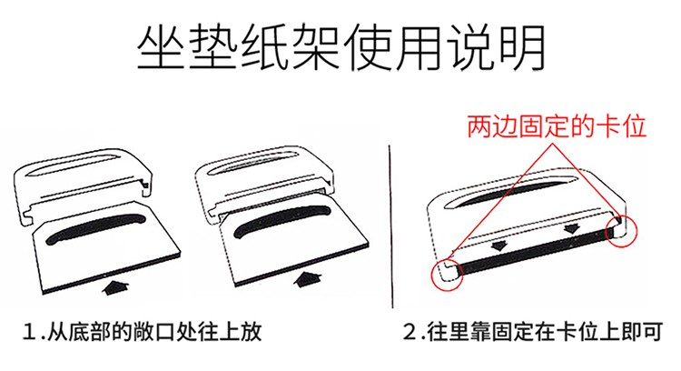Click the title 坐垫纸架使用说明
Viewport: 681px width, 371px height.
point(340,48)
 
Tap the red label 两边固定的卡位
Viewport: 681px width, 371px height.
point(557,126)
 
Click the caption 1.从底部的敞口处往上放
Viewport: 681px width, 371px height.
point(142,332)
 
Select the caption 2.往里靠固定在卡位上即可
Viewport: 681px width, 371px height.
point(532,332)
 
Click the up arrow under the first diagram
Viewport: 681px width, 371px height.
point(115,287)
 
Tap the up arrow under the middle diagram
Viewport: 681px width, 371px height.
point(309,279)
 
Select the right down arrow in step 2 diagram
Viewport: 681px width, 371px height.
point(571,228)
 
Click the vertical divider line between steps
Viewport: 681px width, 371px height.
point(390,226)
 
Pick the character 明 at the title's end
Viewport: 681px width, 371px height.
point(522,48)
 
